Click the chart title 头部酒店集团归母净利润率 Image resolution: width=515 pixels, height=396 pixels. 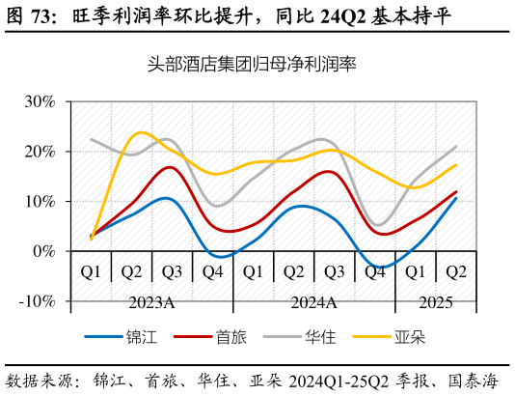252,65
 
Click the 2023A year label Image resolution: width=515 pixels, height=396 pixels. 151,303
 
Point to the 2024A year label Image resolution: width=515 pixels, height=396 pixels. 313,303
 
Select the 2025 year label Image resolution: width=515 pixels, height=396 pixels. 435,303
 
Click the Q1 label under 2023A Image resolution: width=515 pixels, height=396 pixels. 91,272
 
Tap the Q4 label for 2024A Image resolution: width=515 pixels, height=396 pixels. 374,272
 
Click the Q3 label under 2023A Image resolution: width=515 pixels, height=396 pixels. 172,272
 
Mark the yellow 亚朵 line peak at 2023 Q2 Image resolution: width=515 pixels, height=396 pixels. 141,132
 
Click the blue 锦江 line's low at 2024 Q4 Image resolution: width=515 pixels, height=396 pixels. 382,267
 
